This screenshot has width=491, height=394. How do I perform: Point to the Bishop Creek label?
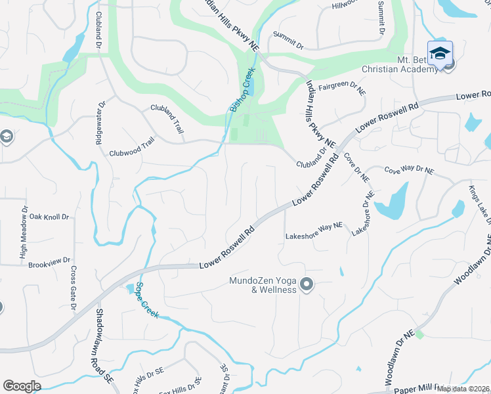click(x=241, y=94)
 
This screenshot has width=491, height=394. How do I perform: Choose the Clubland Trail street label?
click(x=167, y=118)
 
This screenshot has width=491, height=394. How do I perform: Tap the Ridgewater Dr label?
click(x=102, y=122)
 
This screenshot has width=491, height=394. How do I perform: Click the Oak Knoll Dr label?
click(x=49, y=216)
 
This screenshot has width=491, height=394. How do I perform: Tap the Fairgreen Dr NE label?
click(x=341, y=88)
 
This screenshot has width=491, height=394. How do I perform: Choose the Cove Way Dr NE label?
click(x=409, y=169)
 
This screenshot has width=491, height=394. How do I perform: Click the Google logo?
click(x=22, y=385)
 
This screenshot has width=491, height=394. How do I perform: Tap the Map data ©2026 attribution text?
click(x=463, y=389)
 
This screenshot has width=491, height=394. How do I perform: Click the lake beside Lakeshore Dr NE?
click(x=393, y=202)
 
